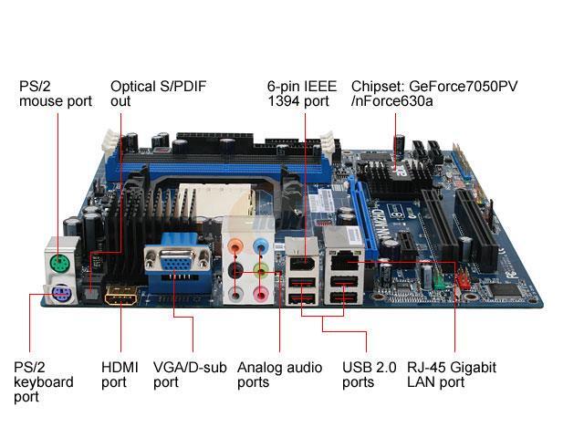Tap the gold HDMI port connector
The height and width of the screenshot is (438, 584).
[x=121, y=296]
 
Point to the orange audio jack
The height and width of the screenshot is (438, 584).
[x=236, y=245]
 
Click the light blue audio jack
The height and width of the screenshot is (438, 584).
[x=262, y=245]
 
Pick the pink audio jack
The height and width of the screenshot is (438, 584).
[x=262, y=294]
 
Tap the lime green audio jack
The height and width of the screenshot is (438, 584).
[x=262, y=270]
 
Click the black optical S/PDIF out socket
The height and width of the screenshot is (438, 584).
[x=91, y=292]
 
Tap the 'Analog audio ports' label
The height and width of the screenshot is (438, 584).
[x=279, y=374]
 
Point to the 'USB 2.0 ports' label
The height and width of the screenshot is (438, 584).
[x=370, y=374]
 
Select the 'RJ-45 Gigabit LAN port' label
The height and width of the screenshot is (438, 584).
[x=452, y=374]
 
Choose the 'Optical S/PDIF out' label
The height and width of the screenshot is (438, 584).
[x=158, y=93]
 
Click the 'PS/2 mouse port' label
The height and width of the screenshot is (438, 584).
[x=56, y=93]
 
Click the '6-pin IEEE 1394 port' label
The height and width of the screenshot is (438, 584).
[x=298, y=93]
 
